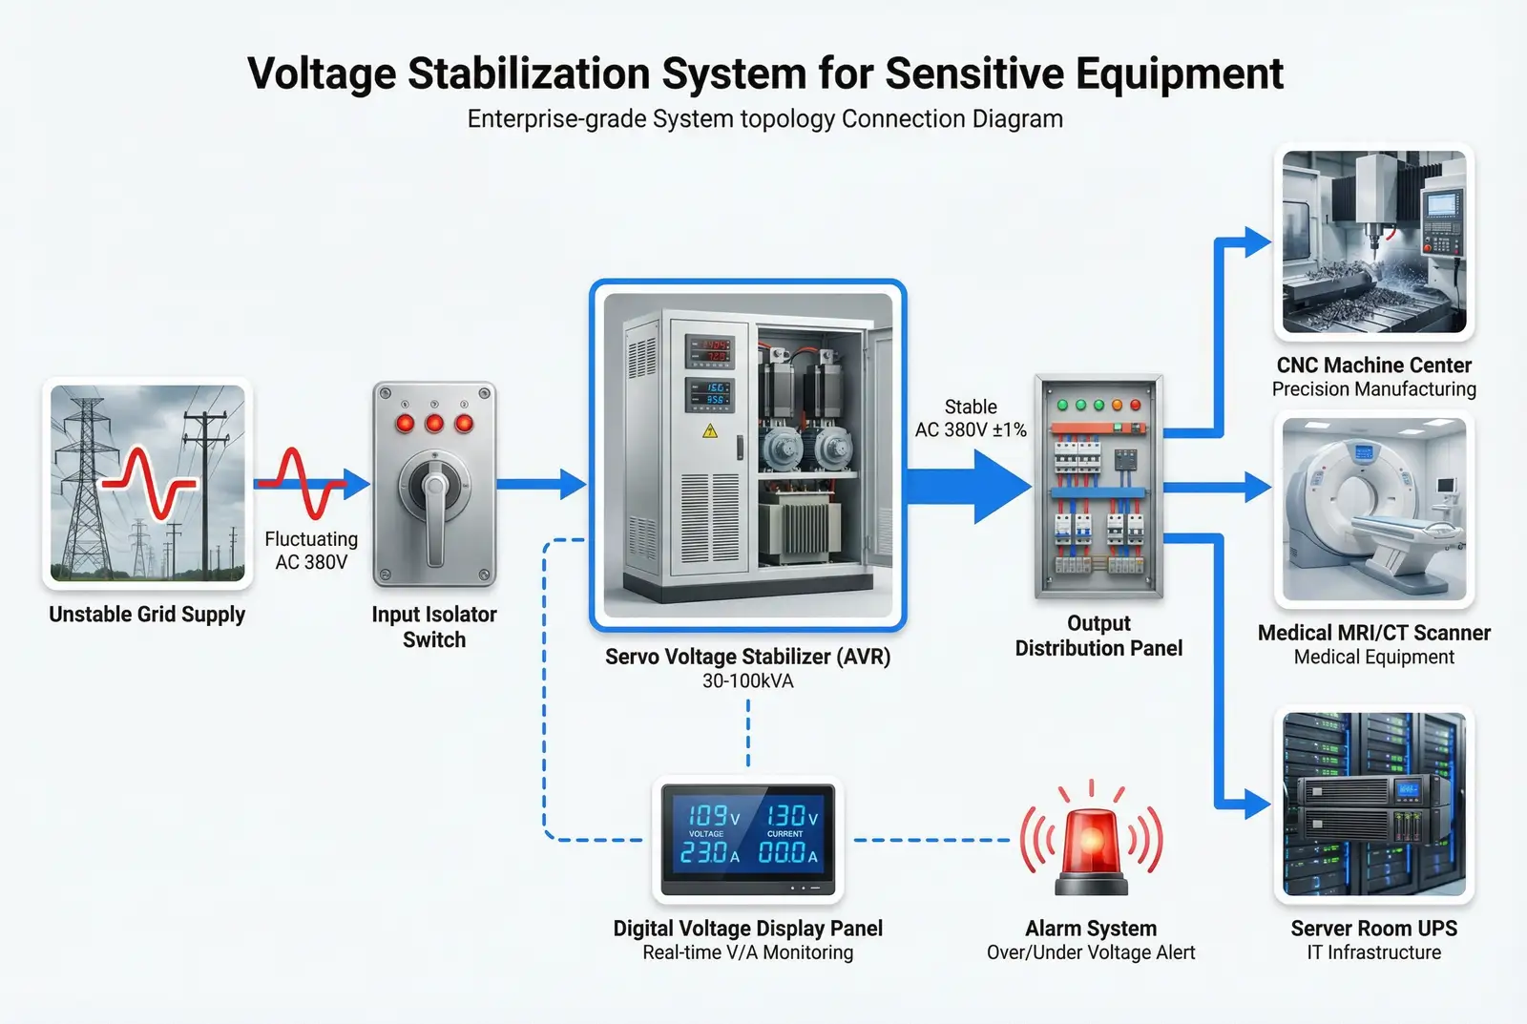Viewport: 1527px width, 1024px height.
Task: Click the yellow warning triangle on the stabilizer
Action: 709,431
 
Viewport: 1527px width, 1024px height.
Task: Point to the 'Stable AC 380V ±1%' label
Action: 971,418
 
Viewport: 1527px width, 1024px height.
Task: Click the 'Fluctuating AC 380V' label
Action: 311,551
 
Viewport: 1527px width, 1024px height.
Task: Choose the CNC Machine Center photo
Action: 1373,241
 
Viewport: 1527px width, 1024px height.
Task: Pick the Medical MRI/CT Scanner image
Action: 1373,509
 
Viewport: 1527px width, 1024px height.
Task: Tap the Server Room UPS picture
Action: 1373,804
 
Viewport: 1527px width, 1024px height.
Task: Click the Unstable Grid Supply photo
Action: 147,483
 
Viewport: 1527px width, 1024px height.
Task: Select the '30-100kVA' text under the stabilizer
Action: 748,681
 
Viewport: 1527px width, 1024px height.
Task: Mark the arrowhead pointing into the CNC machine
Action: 1257,242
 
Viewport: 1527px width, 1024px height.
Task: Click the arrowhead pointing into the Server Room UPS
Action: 1257,805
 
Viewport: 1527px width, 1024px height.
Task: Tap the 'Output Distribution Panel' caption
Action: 1098,636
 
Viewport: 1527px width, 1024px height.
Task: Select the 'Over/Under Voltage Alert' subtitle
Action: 1091,952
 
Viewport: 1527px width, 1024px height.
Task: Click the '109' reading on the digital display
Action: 707,815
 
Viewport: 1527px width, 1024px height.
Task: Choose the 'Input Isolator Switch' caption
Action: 434,627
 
